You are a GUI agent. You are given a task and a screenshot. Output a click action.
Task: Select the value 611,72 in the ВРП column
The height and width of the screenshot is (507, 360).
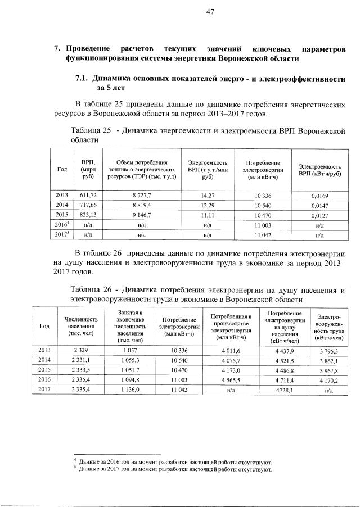(88, 195)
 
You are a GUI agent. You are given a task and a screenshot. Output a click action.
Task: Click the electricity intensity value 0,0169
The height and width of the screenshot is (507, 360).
(319, 195)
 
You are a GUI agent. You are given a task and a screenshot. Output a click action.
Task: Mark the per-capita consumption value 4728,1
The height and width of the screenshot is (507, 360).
(282, 391)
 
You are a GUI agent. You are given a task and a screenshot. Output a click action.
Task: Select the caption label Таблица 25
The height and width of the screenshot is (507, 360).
(88, 131)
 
